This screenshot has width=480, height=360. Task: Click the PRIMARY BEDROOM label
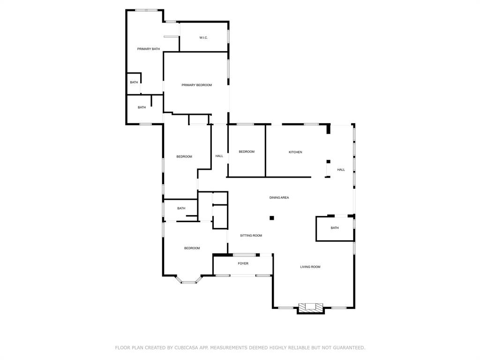click(196, 85)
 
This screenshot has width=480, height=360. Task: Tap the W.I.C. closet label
click(203, 38)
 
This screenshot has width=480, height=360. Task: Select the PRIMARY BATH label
click(148, 49)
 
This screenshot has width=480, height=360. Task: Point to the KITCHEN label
click(295, 152)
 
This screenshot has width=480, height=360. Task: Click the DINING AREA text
click(279, 198)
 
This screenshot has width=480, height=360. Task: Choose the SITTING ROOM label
click(251, 236)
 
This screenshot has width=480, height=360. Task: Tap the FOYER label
click(243, 263)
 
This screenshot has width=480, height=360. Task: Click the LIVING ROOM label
click(310, 267)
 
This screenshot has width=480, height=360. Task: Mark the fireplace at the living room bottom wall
click(311, 307)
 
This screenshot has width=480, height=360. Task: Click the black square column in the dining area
click(272, 218)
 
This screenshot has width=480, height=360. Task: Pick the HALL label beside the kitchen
click(341, 170)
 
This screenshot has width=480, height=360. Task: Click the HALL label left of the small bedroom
click(219, 156)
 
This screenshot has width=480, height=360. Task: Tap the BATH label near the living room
click(335, 228)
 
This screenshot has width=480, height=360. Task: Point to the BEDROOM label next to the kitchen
click(247, 152)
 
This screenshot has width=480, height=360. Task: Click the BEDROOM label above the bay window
click(192, 248)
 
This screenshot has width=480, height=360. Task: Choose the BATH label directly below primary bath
click(134, 82)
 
